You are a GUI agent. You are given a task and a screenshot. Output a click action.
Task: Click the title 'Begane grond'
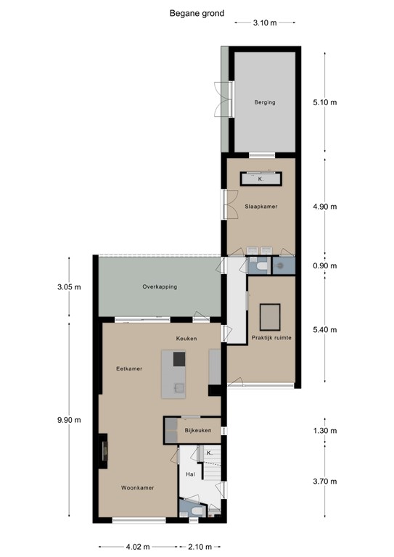(x=197, y=12)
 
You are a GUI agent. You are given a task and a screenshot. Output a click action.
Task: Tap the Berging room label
(x=264, y=102)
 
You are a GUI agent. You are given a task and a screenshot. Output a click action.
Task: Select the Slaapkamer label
(x=261, y=207)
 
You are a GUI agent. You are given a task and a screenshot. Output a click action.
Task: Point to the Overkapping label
(x=160, y=286)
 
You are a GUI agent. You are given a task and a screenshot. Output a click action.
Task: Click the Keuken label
(x=186, y=339)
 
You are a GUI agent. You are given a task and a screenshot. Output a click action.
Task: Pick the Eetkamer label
(x=128, y=368)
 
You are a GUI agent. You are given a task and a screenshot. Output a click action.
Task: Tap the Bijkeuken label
(x=198, y=430)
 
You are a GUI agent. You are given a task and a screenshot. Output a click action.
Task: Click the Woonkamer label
(x=136, y=488)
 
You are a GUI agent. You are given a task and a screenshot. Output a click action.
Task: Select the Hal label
(x=192, y=474)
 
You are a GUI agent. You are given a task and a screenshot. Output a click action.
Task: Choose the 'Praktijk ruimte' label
(x=271, y=337)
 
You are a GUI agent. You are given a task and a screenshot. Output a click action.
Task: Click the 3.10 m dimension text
(x=265, y=23)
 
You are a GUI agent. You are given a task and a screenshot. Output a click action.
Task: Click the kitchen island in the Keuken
(x=174, y=374)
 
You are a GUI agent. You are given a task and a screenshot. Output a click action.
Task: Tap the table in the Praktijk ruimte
(x=271, y=316)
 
